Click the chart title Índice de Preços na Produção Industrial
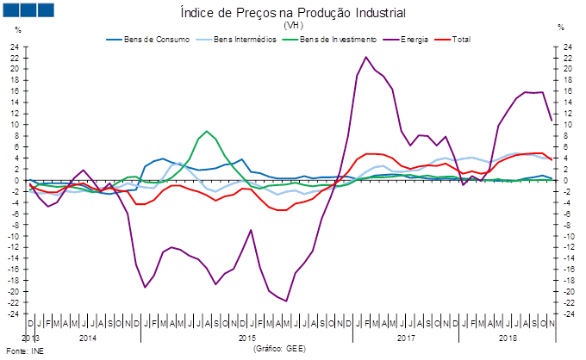[293, 13]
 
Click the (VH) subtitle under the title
[293, 25]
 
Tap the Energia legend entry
[404, 39]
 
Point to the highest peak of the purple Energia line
[366, 57]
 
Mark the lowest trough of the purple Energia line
[286, 301]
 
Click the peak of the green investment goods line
[207, 131]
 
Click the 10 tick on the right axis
[566, 125]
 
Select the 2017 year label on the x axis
[406, 338]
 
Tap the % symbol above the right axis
[561, 28]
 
